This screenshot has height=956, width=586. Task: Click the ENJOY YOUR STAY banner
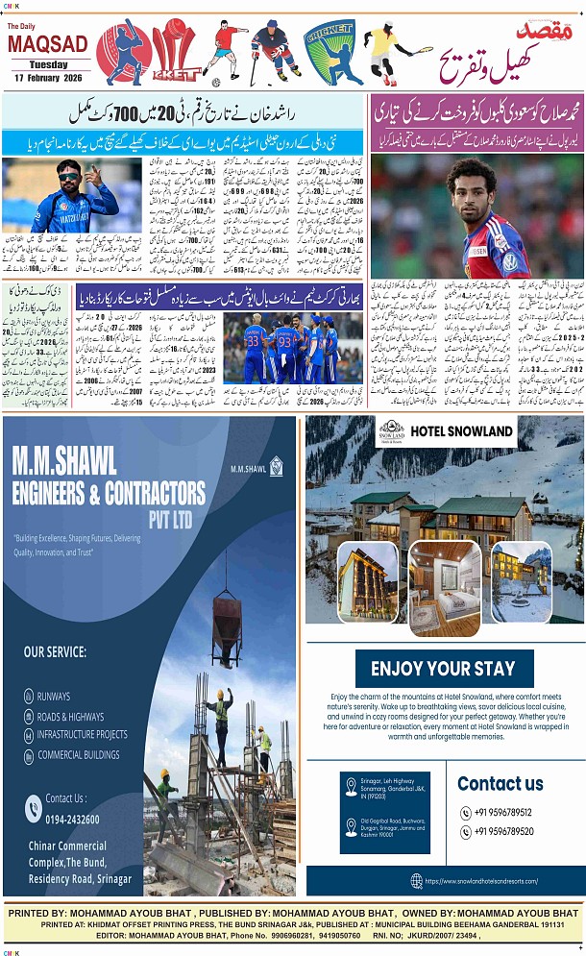coord(443,669)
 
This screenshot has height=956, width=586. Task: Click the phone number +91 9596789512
coord(501,813)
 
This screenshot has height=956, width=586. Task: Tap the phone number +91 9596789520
coord(501,832)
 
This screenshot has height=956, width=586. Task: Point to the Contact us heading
coord(500,784)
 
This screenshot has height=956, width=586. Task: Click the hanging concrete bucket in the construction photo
coord(226,618)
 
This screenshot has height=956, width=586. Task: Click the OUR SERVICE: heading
coord(55,652)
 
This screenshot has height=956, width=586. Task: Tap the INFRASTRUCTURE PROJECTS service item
coord(82,735)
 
